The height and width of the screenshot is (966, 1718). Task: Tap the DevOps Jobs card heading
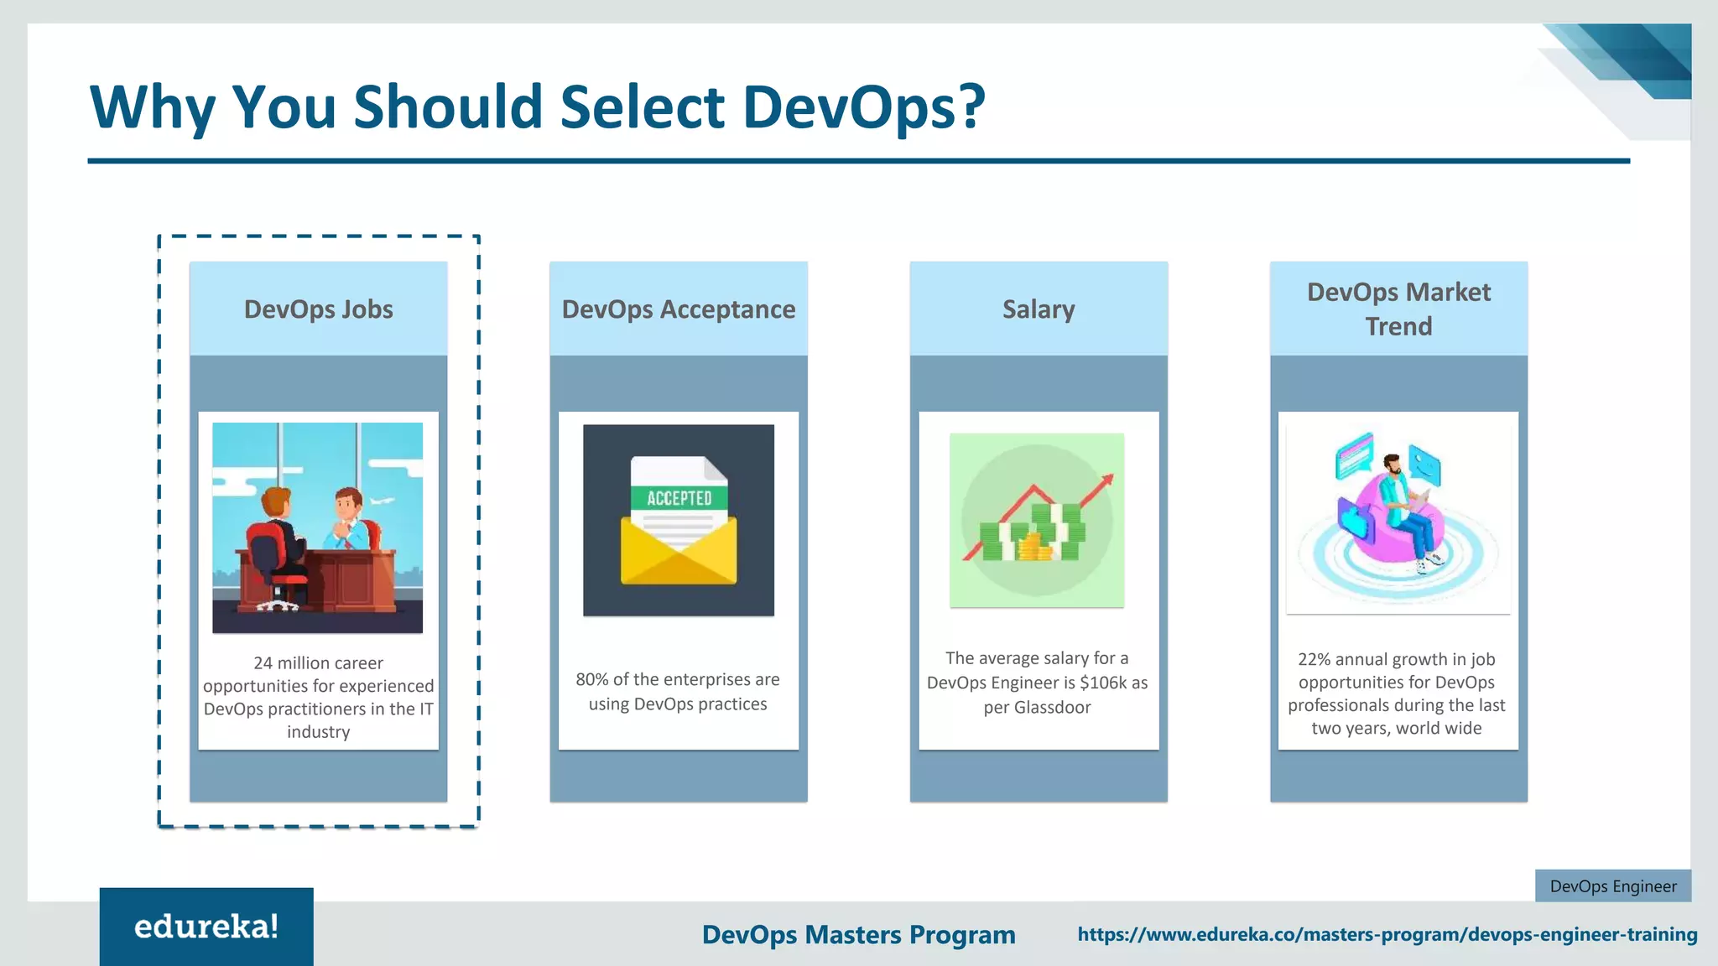click(318, 309)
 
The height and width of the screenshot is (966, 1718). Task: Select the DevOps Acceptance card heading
click(678, 309)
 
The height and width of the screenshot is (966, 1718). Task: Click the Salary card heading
click(1039, 309)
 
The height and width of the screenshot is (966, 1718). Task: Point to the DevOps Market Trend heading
click(1398, 309)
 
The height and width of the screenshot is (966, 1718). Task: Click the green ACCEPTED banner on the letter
click(679, 498)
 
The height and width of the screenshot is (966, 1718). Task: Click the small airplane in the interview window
click(382, 501)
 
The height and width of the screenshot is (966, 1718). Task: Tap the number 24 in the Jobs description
click(263, 663)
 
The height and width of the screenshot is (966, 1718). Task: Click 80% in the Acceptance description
click(591, 680)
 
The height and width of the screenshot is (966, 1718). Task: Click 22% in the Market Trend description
click(1314, 660)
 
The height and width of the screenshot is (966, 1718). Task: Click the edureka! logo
click(206, 927)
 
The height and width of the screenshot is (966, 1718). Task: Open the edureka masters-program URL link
click(1387, 934)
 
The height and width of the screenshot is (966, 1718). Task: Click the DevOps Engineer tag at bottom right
click(1612, 886)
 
